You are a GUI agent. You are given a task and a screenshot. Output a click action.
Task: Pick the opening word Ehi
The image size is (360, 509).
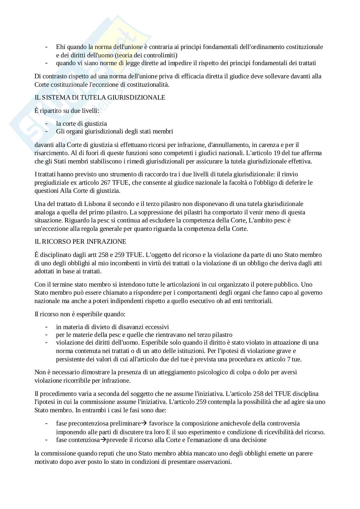coord(60,47)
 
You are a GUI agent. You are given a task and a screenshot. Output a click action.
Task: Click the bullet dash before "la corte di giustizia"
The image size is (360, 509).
coord(47,123)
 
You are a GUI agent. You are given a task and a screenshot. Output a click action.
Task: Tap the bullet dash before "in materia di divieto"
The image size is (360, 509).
coord(47,327)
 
